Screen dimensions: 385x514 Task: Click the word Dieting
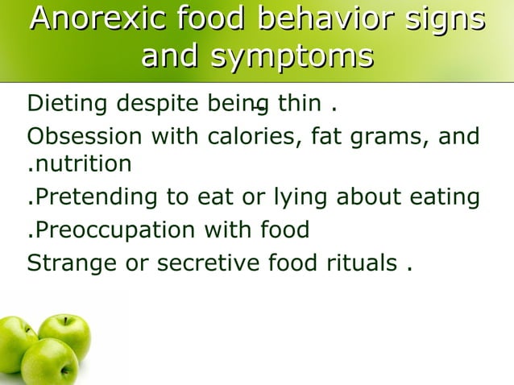click(x=69, y=105)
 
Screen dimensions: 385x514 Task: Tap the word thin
click(x=300, y=105)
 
